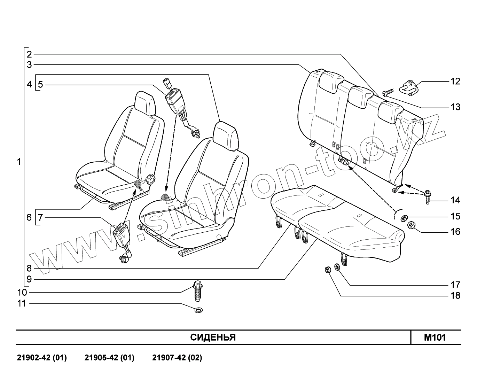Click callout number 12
coord(455,82)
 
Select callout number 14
coord(455,200)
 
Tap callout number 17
coord(455,285)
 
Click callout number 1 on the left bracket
coord(19,162)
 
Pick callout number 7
coord(40,218)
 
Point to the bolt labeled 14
coord(427,197)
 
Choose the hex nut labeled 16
coord(411,225)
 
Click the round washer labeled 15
coord(404,218)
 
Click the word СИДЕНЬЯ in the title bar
coord(213,338)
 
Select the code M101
coord(435,338)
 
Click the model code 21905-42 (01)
coord(109,358)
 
